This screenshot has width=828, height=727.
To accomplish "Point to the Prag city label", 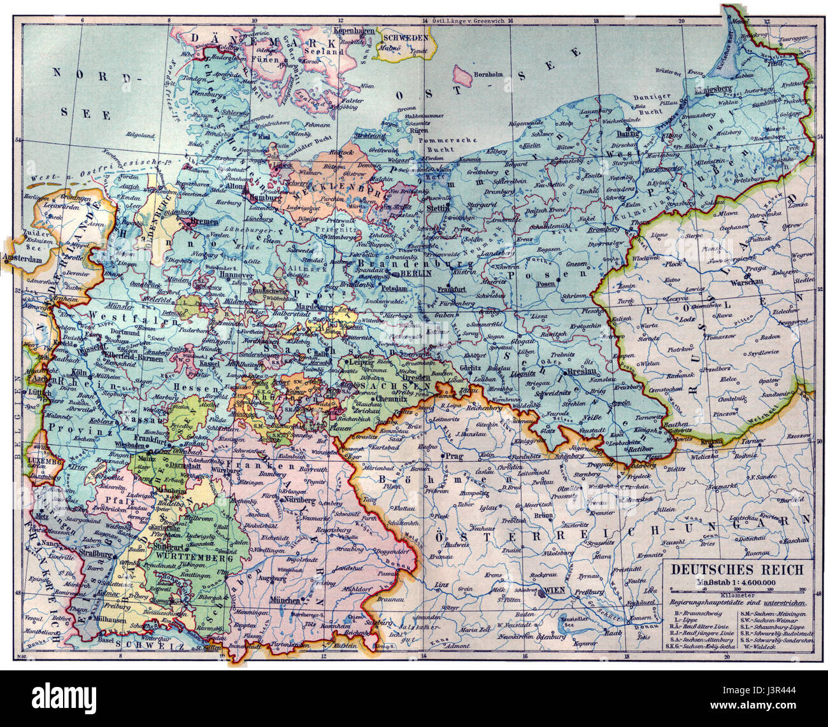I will coord(453,456).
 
